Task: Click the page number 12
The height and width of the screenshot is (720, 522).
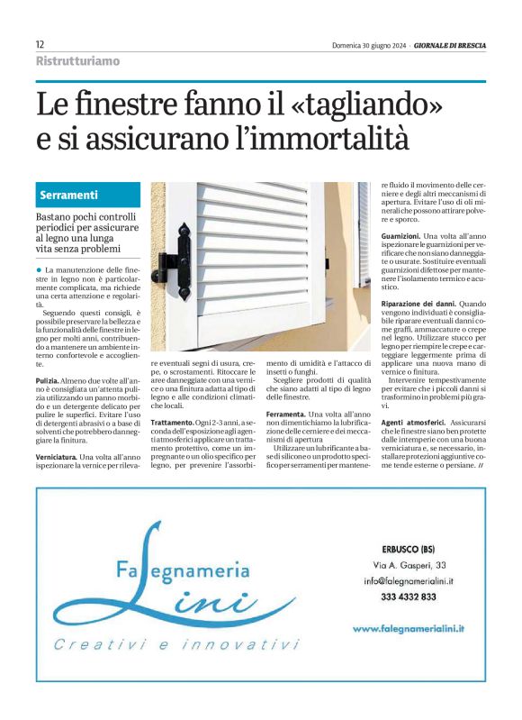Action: [x=40, y=44]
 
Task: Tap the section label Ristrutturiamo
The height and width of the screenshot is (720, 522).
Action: [x=77, y=61]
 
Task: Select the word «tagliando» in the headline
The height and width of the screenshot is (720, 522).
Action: [x=364, y=105]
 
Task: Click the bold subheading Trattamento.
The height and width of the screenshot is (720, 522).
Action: [x=172, y=422]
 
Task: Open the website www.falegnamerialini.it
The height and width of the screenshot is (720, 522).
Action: [x=413, y=627]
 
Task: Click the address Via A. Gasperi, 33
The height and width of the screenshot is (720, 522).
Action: [x=409, y=565]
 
